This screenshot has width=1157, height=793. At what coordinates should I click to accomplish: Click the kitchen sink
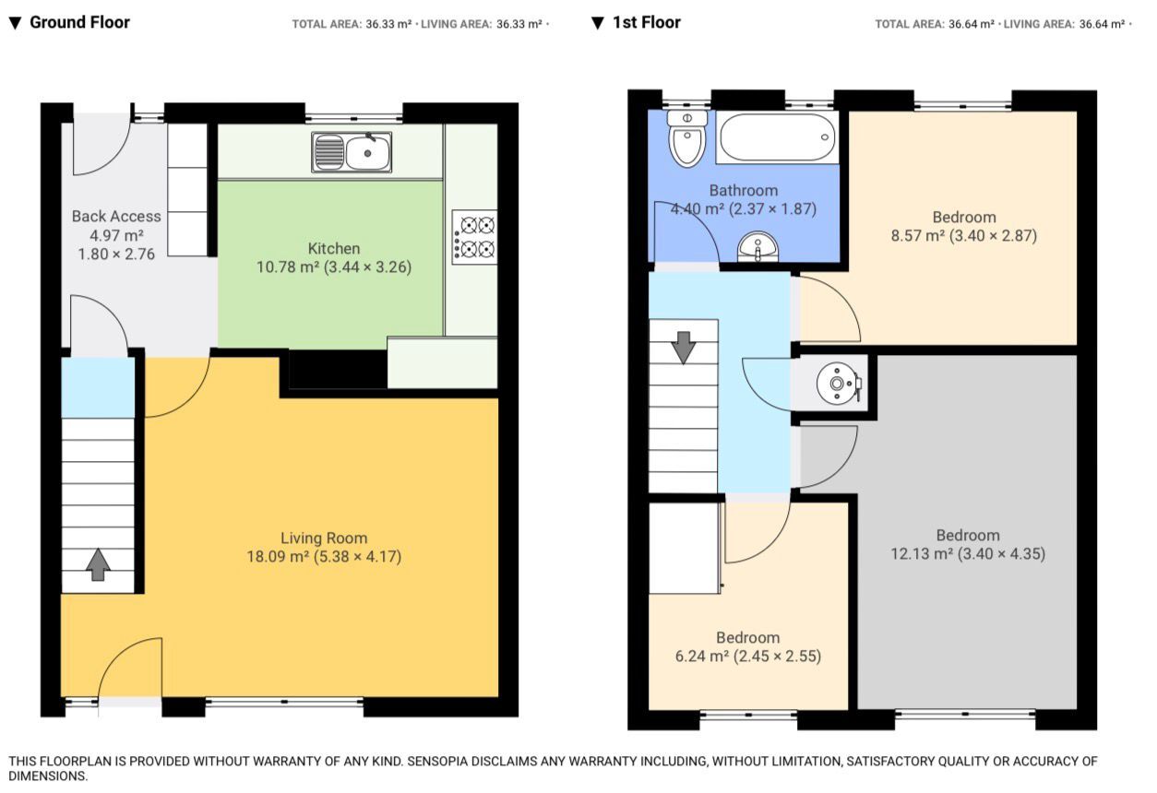click(352, 152)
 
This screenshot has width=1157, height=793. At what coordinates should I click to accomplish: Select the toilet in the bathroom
click(686, 139)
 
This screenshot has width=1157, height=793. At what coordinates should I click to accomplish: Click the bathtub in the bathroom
click(777, 137)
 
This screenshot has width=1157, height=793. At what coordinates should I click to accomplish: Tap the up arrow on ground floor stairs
click(98, 564)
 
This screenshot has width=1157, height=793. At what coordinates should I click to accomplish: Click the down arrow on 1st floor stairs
click(683, 346)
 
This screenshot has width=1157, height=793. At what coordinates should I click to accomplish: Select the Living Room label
click(324, 538)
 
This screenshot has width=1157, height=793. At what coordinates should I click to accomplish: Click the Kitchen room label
click(333, 248)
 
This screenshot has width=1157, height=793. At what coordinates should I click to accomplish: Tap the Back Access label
click(116, 216)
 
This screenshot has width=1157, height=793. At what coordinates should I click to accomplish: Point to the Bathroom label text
click(743, 190)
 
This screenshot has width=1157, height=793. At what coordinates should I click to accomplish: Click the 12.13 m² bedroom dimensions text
click(968, 554)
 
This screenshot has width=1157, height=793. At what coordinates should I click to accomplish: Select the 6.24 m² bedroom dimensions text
click(747, 657)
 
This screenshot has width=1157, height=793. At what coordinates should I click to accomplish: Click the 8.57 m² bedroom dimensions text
click(964, 236)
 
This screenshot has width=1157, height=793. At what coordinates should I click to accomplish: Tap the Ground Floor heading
click(79, 22)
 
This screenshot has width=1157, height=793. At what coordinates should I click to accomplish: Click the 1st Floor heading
click(646, 22)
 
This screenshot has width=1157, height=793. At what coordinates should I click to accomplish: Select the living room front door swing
click(131, 669)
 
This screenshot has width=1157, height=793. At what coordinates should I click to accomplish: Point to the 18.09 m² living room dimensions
click(324, 557)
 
